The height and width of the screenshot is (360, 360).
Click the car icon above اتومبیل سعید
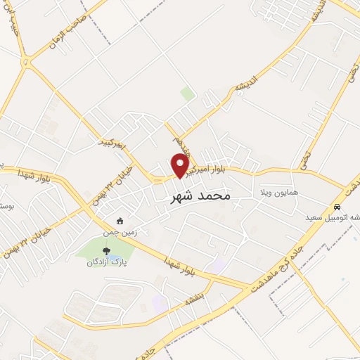[x=338, y=207]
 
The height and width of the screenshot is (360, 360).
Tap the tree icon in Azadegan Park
[x=106, y=250]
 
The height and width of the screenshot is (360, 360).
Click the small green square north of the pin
[x=187, y=94]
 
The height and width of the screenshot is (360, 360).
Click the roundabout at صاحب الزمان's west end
[x=25, y=60]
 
